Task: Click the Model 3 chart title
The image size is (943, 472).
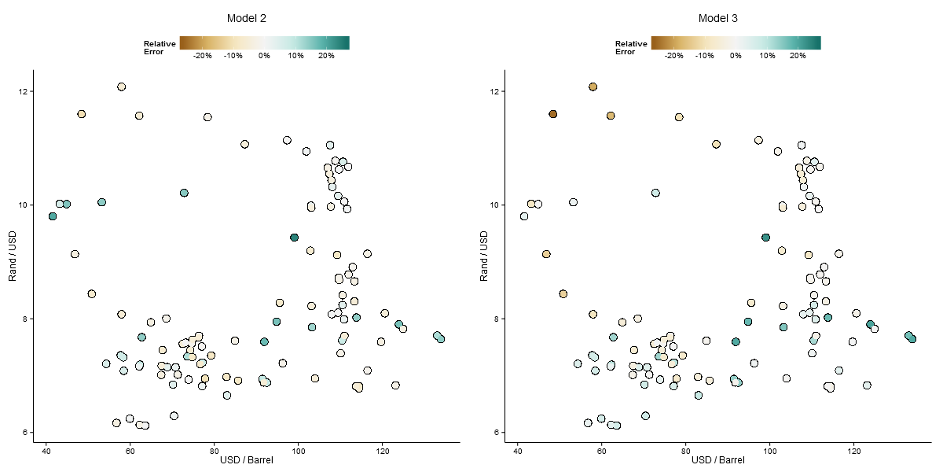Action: pyautogui.click(x=717, y=18)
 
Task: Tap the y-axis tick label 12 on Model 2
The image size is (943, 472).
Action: pyautogui.click(x=23, y=92)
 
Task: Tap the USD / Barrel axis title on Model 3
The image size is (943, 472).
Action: pyautogui.click(x=717, y=460)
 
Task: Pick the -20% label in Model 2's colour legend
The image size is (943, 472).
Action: pyautogui.click(x=203, y=56)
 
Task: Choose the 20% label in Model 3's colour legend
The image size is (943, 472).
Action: pyautogui.click(x=797, y=56)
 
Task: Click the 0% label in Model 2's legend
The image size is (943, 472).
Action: pyautogui.click(x=264, y=56)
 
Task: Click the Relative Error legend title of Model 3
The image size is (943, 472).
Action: pyautogui.click(x=630, y=48)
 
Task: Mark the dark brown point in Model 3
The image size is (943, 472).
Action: pyautogui.click(x=552, y=114)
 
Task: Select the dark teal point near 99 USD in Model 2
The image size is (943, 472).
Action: pyautogui.click(x=294, y=237)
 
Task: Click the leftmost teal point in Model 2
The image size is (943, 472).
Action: pyautogui.click(x=53, y=216)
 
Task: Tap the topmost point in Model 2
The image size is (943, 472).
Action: pyautogui.click(x=121, y=87)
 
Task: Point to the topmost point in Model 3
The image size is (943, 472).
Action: pyautogui.click(x=593, y=87)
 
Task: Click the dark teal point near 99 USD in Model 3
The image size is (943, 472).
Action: pyautogui.click(x=765, y=237)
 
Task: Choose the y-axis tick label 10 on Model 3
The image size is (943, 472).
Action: pyautogui.click(x=494, y=205)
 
